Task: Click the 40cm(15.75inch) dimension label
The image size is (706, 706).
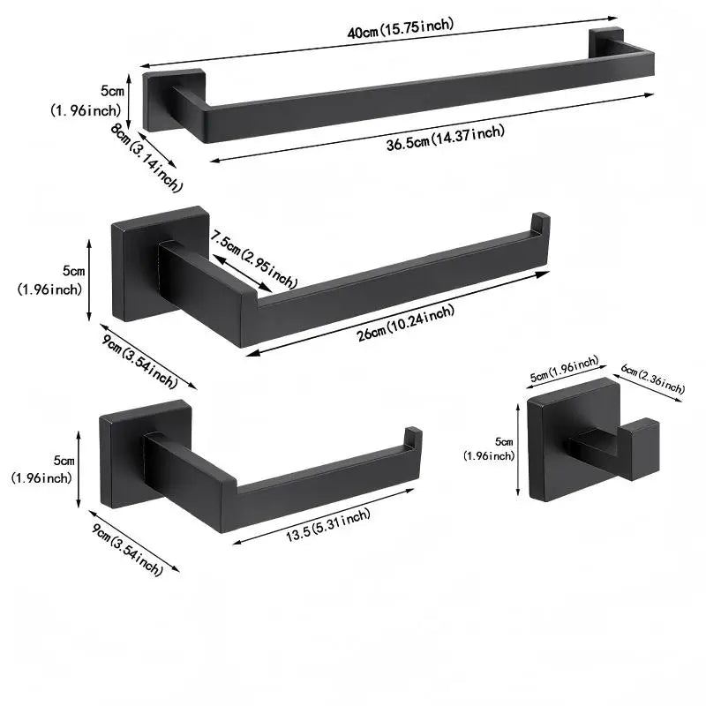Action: (x=401, y=28)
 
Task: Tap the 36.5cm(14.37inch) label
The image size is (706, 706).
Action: (x=446, y=138)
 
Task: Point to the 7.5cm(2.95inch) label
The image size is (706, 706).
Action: (x=254, y=259)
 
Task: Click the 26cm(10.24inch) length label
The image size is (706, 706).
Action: (x=406, y=323)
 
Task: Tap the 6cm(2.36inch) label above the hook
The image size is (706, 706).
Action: (x=653, y=379)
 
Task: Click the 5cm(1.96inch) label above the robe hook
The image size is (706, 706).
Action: (x=564, y=369)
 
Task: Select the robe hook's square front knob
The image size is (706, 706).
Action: (x=638, y=449)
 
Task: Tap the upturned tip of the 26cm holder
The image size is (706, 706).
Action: (x=540, y=222)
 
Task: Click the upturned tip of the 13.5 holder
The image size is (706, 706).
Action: (x=413, y=437)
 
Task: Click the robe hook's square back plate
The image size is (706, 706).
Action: (x=571, y=439)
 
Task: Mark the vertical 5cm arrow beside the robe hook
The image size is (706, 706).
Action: (x=518, y=450)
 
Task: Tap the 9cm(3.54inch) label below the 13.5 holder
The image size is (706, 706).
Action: (x=127, y=550)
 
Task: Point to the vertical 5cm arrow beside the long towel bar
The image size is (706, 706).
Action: (x=129, y=101)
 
